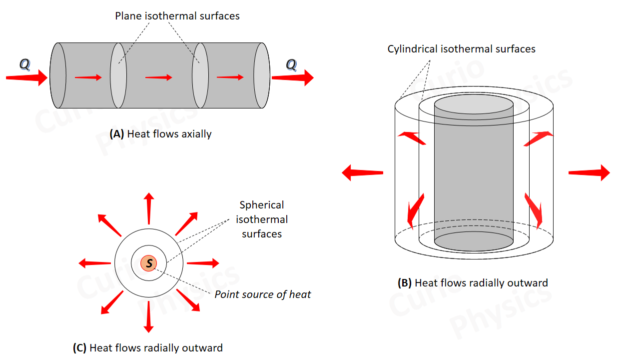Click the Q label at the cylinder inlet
tap(24, 64)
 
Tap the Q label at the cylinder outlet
tap(291, 64)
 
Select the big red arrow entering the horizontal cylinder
tap(26, 77)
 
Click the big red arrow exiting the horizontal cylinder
tap(292, 77)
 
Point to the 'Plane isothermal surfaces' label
tap(177, 16)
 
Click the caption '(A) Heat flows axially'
tap(160, 134)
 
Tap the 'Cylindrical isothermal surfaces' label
tap(461, 49)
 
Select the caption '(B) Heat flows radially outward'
tap(473, 283)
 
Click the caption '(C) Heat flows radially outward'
tap(148, 347)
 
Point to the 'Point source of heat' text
tap(263, 294)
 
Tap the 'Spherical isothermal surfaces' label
tap(262, 219)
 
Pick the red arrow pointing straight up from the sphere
tap(149, 208)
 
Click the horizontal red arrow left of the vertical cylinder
tap(362, 173)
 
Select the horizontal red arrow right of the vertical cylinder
tap(589, 172)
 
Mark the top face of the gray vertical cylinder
tap(474, 105)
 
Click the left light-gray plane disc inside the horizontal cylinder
tap(118, 75)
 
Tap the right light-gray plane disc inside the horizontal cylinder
tap(200, 75)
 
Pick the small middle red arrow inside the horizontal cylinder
tap(158, 77)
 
